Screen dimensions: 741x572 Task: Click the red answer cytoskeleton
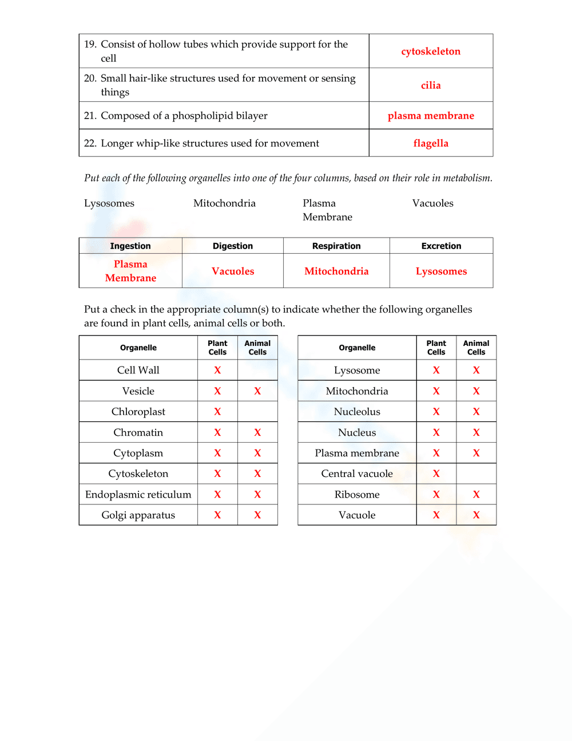[x=431, y=52]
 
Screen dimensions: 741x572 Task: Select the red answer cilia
[x=431, y=85]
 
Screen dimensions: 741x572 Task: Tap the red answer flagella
[x=431, y=143]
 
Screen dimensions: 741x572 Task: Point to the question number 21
[x=90, y=116]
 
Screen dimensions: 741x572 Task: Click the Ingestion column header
[x=130, y=246]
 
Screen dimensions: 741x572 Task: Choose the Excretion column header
[x=441, y=246]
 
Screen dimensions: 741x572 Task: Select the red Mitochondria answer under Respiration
[x=336, y=271]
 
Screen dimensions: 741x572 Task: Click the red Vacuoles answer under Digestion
[x=233, y=271]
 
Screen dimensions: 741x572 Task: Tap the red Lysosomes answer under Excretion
[x=441, y=271]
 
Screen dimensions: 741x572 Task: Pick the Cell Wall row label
[x=138, y=370]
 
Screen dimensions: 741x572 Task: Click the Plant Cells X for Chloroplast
[x=217, y=412]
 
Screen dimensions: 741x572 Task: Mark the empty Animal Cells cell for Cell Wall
[x=257, y=370]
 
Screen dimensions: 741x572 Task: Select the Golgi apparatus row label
[x=138, y=515]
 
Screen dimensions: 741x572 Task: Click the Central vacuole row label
[x=357, y=474]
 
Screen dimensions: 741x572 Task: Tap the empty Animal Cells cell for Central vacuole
[x=476, y=474]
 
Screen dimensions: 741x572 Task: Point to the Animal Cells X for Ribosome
[x=476, y=495]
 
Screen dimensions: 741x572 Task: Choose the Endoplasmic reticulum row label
[x=138, y=495]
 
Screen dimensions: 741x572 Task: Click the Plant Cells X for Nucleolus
[x=436, y=412]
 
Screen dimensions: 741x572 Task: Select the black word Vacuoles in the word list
[x=432, y=203]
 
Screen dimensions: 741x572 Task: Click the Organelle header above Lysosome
[x=357, y=348]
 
